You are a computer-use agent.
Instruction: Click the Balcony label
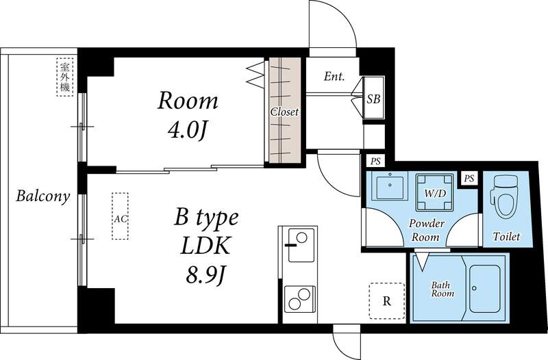(x=43, y=197)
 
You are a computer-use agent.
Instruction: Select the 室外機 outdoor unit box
(x=65, y=77)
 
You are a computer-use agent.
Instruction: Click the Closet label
(x=284, y=112)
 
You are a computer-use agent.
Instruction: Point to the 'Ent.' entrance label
(x=334, y=77)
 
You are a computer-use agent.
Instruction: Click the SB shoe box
(x=373, y=99)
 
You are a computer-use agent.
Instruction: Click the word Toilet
(x=506, y=237)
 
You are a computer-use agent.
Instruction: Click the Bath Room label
(x=442, y=289)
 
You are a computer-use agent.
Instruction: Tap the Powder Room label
(x=427, y=230)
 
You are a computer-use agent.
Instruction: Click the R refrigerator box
(x=386, y=300)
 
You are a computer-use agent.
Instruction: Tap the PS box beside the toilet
(x=469, y=178)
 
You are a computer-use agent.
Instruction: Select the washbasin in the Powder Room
(x=388, y=187)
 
